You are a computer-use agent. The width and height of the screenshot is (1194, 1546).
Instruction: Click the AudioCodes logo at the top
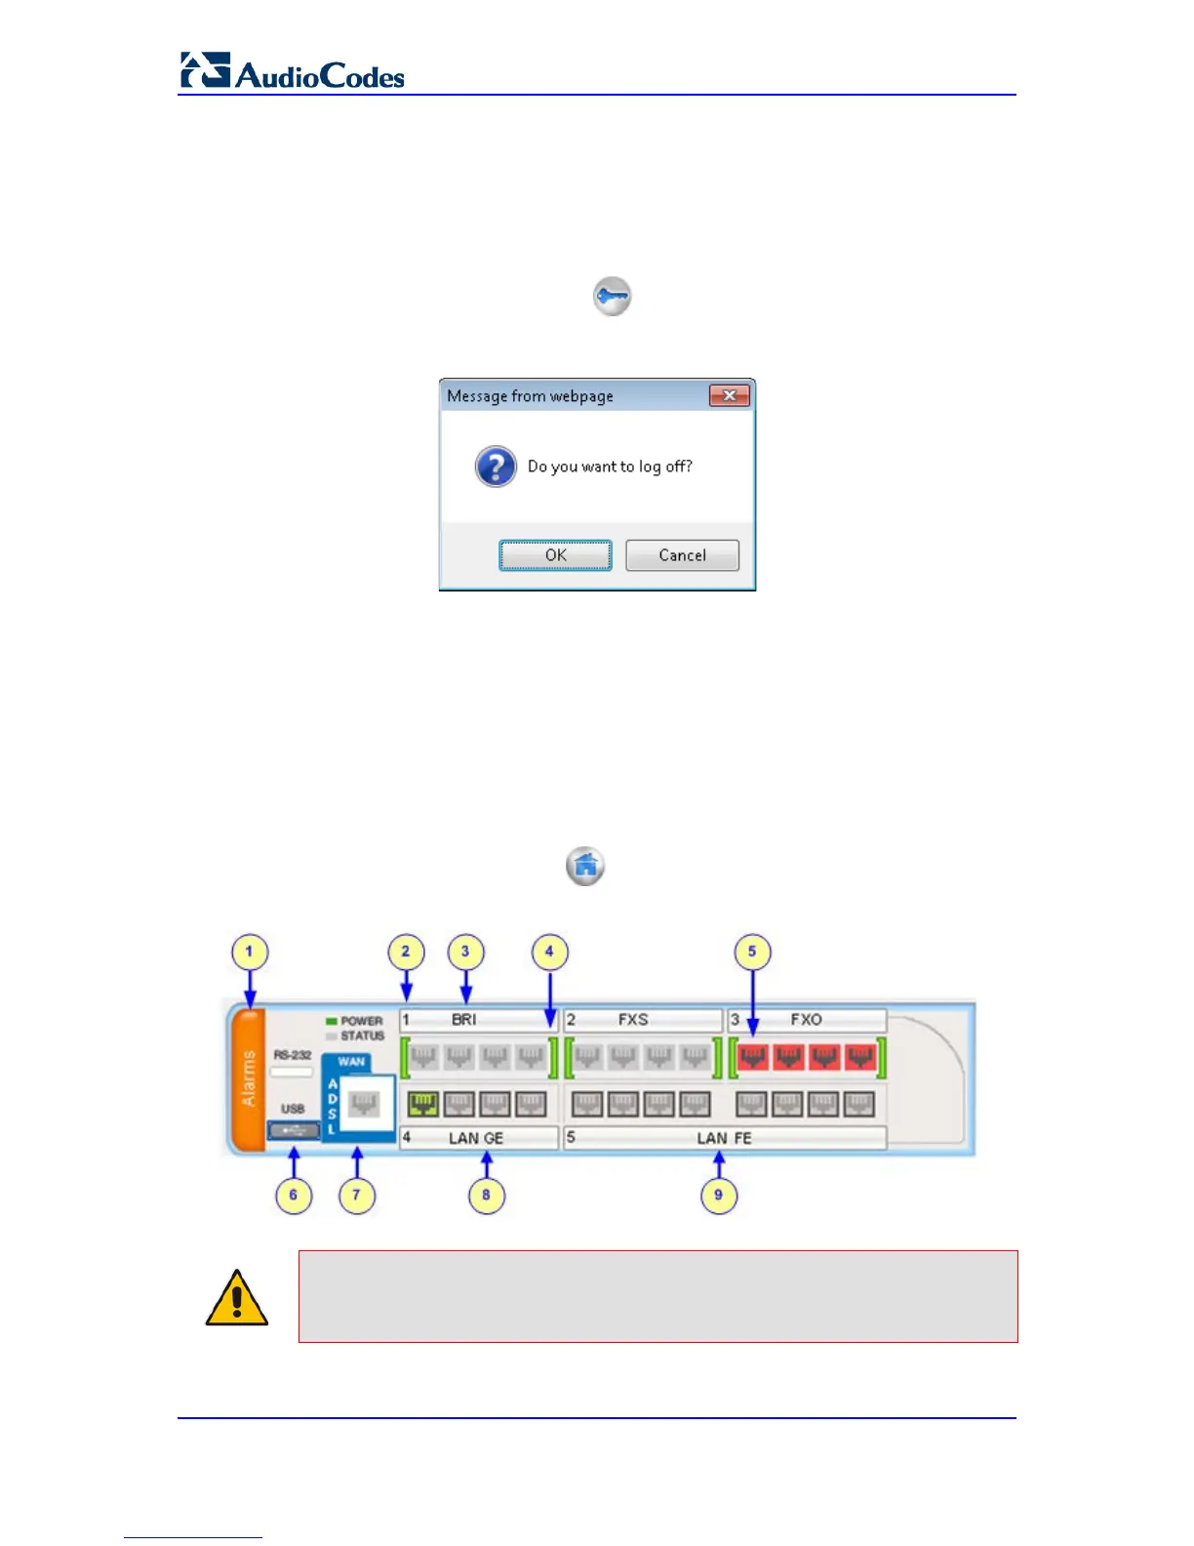pyautogui.click(x=293, y=72)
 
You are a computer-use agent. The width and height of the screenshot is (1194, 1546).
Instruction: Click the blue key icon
pyautogui.click(x=613, y=297)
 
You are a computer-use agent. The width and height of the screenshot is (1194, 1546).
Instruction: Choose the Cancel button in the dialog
pyautogui.click(x=682, y=555)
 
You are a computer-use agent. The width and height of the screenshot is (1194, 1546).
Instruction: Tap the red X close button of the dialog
pyautogui.click(x=729, y=395)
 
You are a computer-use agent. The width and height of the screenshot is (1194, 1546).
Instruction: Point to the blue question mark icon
pyautogui.click(x=496, y=467)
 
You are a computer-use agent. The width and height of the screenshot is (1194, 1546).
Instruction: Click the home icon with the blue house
pyautogui.click(x=585, y=866)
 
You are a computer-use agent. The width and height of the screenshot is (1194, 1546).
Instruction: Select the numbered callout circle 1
pyautogui.click(x=249, y=952)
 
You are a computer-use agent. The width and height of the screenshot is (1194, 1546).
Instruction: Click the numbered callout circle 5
pyautogui.click(x=752, y=952)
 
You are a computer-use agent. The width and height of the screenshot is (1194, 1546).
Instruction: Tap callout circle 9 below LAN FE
pyautogui.click(x=719, y=1195)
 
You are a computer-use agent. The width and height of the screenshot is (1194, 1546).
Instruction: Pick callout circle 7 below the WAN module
pyautogui.click(x=356, y=1195)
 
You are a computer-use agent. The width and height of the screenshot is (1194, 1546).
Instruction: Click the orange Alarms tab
pyautogui.click(x=248, y=1078)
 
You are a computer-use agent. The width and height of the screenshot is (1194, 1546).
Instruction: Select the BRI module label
pyautogui.click(x=464, y=1020)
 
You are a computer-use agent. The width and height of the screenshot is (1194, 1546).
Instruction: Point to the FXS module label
pyautogui.click(x=633, y=1020)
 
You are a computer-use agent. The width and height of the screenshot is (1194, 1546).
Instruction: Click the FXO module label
pyautogui.click(x=807, y=1020)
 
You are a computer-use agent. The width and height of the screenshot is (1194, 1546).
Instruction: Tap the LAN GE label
pyautogui.click(x=476, y=1138)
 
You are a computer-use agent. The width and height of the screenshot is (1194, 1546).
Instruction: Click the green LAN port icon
pyautogui.click(x=422, y=1105)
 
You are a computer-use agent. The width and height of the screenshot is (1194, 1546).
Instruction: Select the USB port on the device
pyautogui.click(x=294, y=1130)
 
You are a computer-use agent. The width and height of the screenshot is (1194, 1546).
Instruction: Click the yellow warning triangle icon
pyautogui.click(x=236, y=1298)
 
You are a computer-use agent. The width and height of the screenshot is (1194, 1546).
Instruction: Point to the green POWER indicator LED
pyautogui.click(x=332, y=1021)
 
